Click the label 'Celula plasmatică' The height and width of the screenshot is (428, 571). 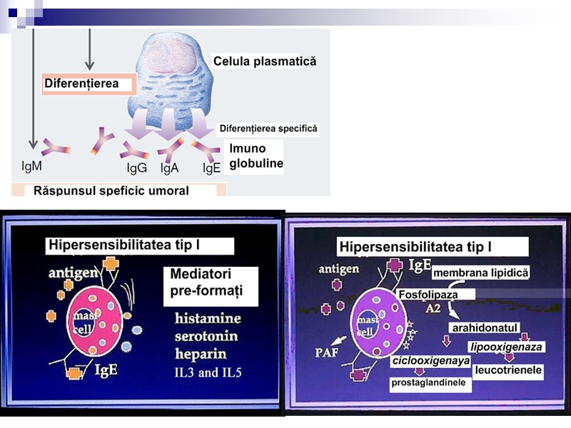coord(264,62)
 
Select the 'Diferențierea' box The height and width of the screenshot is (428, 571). coord(89,84)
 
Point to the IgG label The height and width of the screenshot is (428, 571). coord(137,168)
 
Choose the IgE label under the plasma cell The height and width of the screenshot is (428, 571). coord(211,168)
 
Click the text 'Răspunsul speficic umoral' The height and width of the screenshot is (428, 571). coord(111,190)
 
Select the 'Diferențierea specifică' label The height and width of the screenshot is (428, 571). coord(268,128)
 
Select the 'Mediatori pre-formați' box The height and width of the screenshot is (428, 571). coord(211,282)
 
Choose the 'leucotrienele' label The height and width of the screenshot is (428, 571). coord(508,370)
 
